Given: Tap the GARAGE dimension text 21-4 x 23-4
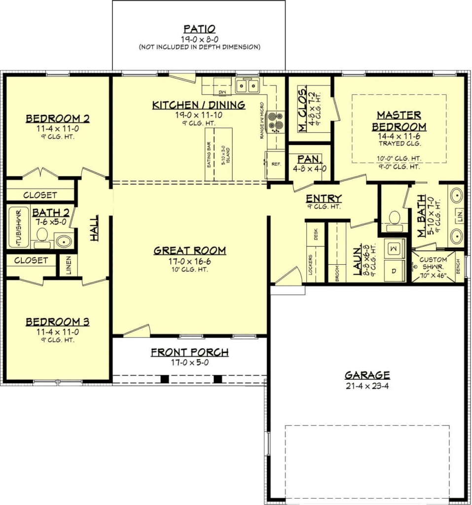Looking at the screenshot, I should click(x=367, y=385).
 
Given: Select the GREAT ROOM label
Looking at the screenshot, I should click(x=190, y=251).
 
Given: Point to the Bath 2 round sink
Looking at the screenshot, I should click(x=63, y=241).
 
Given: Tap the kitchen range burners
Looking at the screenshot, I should click(x=276, y=122).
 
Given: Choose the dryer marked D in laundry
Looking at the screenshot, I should click(x=394, y=271).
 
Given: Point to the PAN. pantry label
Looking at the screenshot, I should click(x=310, y=159).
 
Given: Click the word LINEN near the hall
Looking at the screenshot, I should click(x=68, y=266).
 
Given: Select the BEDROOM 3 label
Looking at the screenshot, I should click(x=58, y=322).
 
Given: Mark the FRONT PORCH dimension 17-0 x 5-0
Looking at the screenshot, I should click(x=189, y=362).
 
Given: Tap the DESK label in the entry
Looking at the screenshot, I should click(x=316, y=237).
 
